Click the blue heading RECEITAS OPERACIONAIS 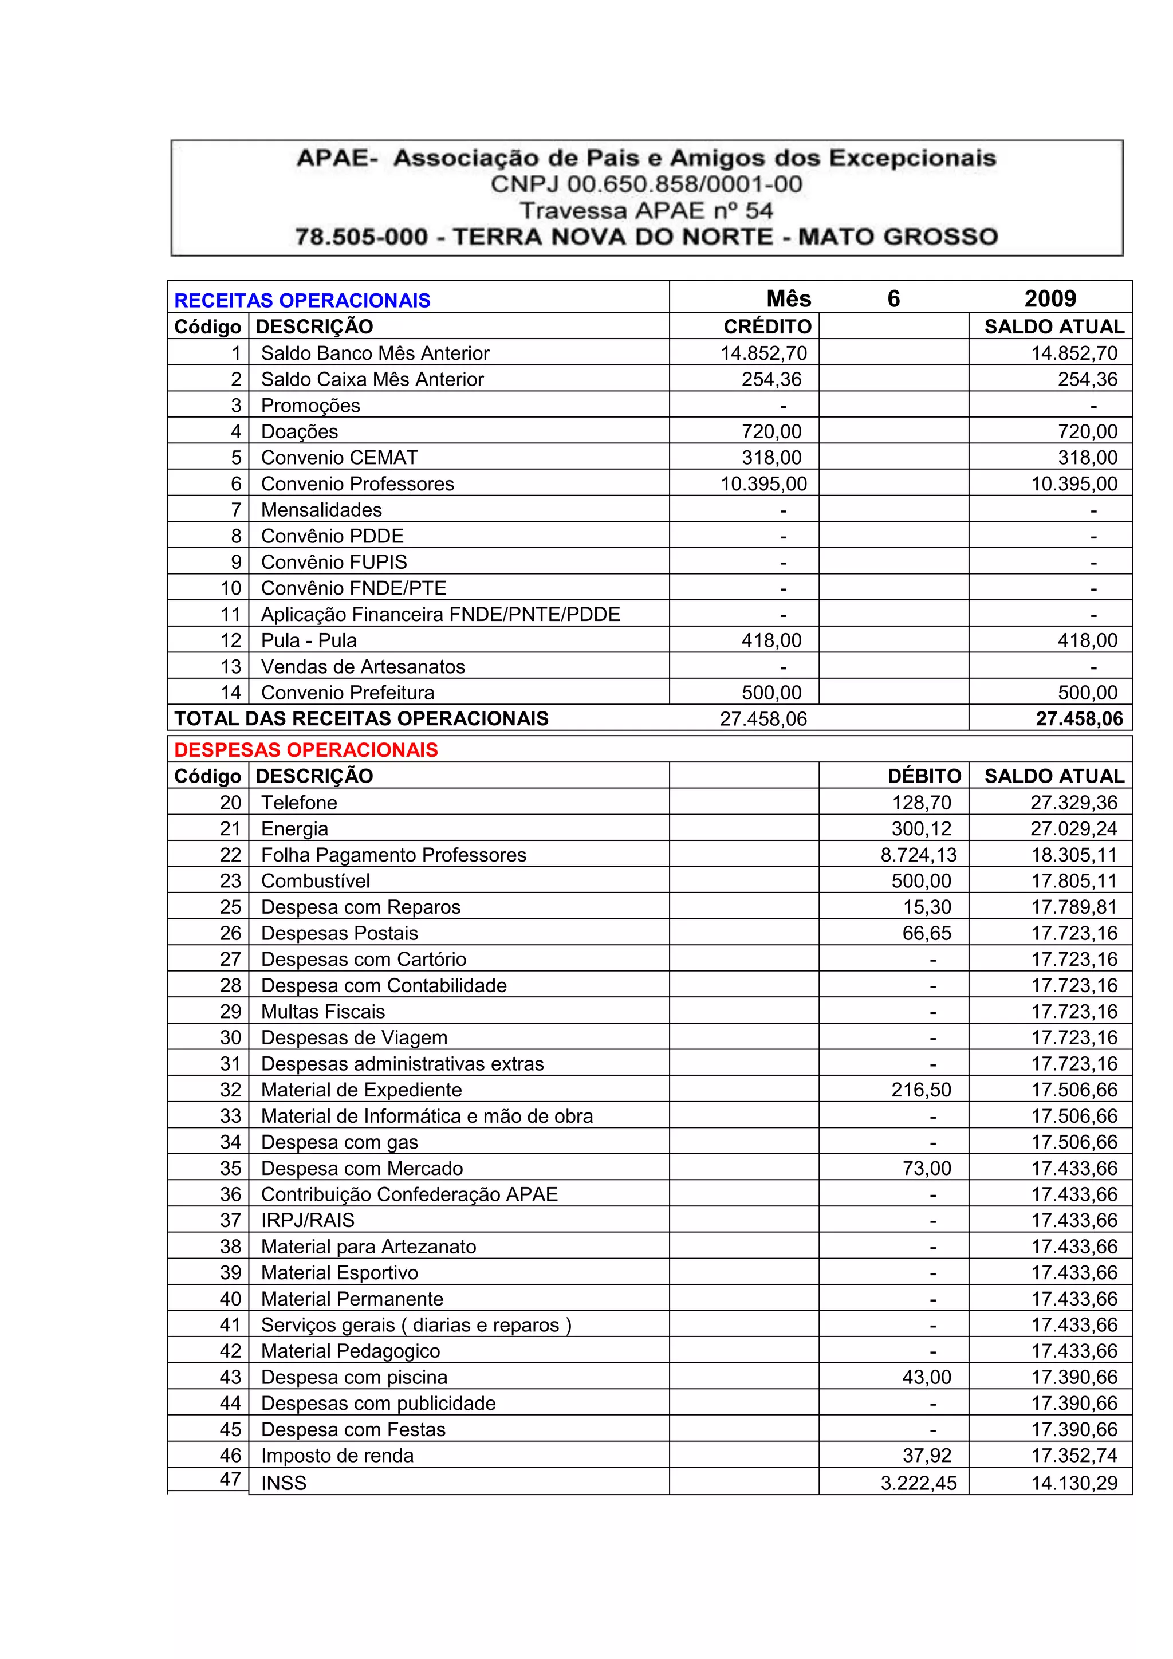(x=302, y=301)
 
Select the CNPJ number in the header (x=647, y=184)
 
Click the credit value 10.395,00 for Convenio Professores (x=763, y=483)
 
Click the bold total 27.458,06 (x=1079, y=718)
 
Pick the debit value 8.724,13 (x=918, y=855)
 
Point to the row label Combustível (x=316, y=881)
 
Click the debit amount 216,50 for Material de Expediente (x=921, y=1090)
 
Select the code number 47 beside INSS (x=230, y=1479)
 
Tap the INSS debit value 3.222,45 (x=918, y=1483)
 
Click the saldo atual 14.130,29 (x=1074, y=1483)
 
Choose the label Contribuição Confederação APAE (x=410, y=1194)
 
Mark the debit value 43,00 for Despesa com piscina (x=927, y=1377)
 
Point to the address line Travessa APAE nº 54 (x=647, y=210)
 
